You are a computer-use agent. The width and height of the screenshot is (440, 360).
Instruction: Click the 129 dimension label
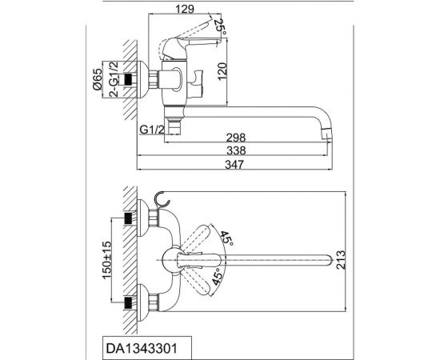[x=185, y=9]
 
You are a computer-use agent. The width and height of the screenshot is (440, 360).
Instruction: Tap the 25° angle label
[x=221, y=27]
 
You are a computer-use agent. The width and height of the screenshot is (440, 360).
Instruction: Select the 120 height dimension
[x=222, y=71]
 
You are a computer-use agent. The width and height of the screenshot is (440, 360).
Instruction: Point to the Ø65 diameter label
[x=97, y=79]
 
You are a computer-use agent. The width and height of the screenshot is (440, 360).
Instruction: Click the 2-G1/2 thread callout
[x=114, y=79]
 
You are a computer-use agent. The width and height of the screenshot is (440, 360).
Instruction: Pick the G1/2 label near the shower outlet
[x=151, y=130]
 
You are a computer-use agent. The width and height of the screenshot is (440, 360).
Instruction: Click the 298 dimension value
[x=236, y=138]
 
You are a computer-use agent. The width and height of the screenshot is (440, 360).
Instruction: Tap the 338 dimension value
[x=236, y=150]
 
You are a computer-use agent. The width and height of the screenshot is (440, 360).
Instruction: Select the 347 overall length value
[x=234, y=165]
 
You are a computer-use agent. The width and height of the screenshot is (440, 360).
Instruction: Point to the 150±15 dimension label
[x=106, y=260]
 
